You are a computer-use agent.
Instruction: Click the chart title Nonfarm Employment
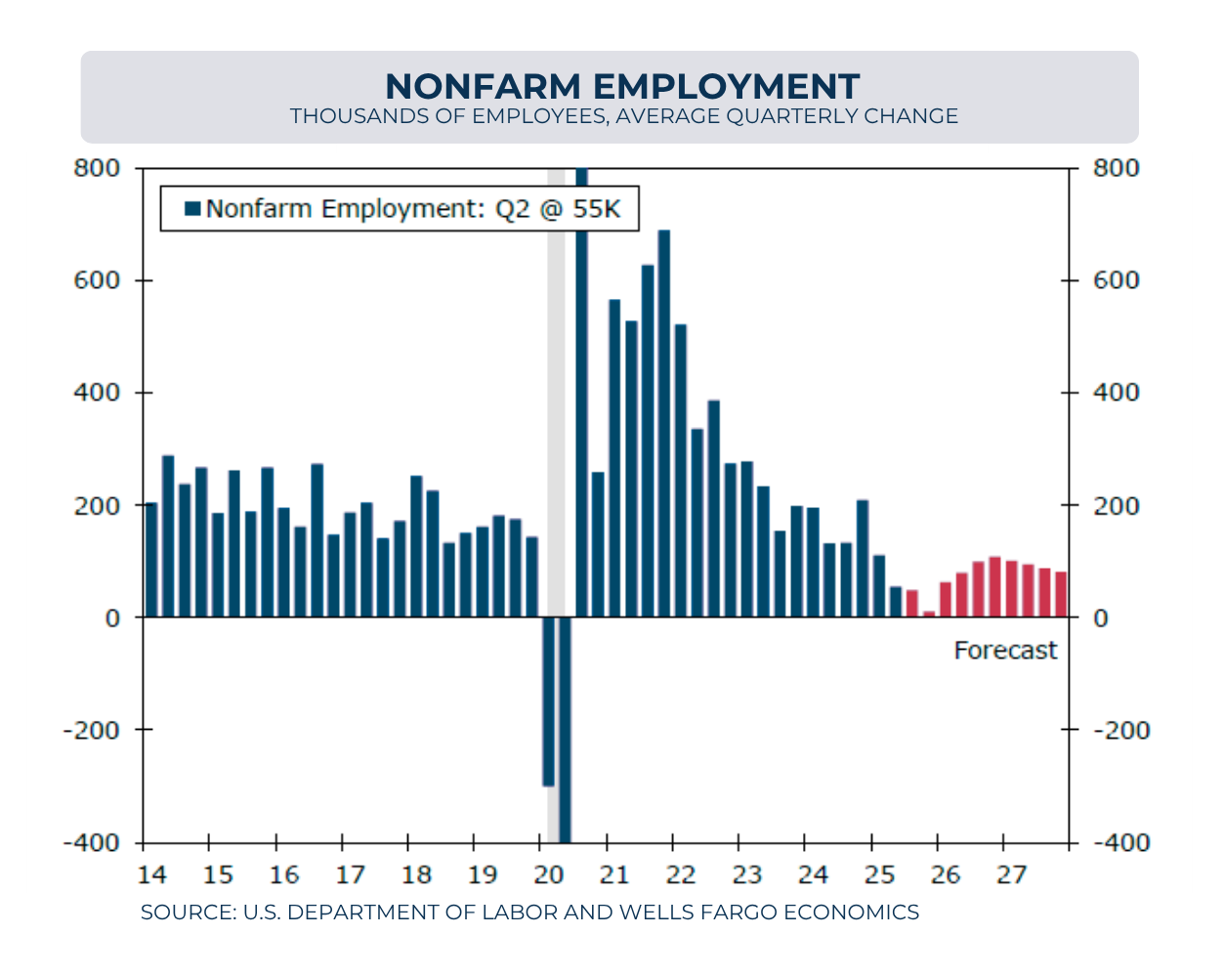tap(622, 86)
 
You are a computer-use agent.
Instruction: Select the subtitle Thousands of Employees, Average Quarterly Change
tap(623, 116)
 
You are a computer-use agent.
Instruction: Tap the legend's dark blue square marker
tap(191, 208)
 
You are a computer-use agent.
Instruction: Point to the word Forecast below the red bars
tap(1005, 651)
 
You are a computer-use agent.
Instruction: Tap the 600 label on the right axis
tap(1115, 280)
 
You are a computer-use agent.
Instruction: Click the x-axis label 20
tap(549, 872)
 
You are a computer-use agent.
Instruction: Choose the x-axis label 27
tap(1012, 872)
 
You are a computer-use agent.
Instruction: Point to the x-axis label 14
tap(152, 872)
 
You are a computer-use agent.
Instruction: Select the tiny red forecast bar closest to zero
tap(929, 615)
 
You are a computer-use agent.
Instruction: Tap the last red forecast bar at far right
tap(1061, 594)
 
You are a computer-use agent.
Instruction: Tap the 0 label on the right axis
tap(1100, 617)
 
